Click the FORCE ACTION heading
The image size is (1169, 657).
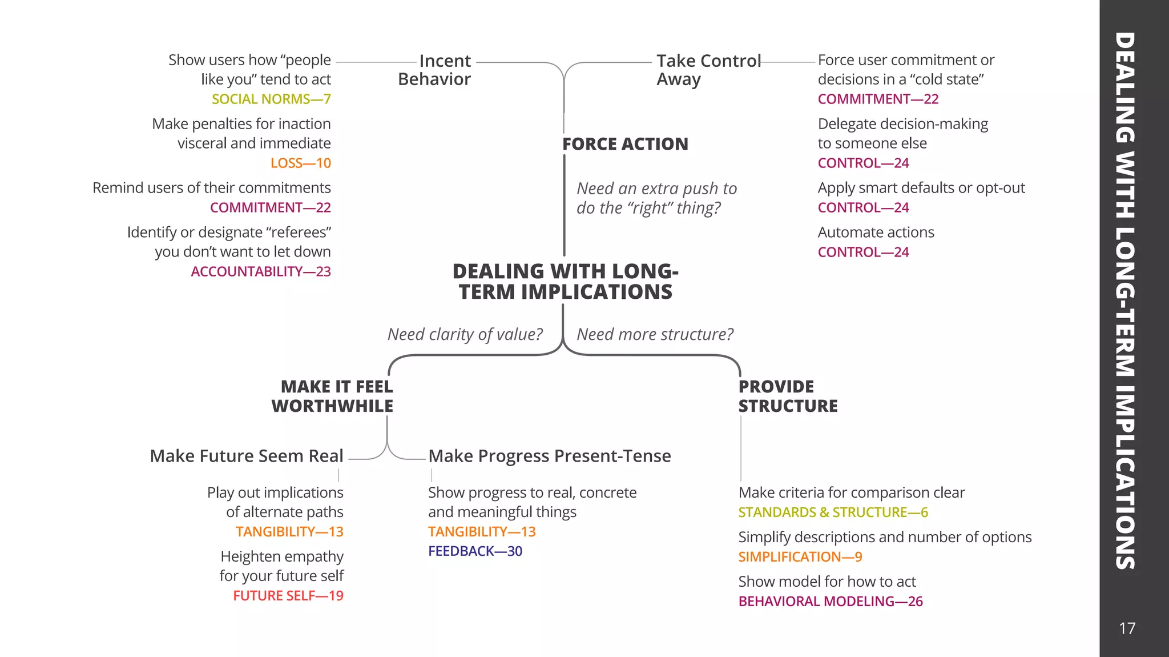[x=625, y=144]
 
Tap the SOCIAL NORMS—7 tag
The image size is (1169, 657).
[x=271, y=99]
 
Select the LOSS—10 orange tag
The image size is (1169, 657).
[x=300, y=163]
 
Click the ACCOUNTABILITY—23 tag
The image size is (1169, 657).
[x=261, y=271]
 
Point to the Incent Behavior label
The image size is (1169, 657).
[x=435, y=70]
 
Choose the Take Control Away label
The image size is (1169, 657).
[x=708, y=70]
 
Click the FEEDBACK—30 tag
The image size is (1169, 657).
[x=475, y=551]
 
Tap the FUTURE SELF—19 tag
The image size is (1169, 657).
[x=288, y=595]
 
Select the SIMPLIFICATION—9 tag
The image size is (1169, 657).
[x=800, y=556]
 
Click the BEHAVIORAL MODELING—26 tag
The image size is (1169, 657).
[x=830, y=601]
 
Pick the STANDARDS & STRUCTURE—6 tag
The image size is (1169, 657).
[x=833, y=512]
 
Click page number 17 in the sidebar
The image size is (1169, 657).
[x=1127, y=628]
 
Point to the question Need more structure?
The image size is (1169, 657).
[x=655, y=334]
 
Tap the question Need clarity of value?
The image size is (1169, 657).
[x=465, y=334]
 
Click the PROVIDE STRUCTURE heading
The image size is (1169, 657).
[x=787, y=396]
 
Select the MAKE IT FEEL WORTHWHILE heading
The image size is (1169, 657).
[x=333, y=396]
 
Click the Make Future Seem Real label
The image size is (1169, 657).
[x=247, y=456]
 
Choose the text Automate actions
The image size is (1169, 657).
[x=876, y=233]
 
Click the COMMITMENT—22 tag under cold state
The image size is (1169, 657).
[x=878, y=99]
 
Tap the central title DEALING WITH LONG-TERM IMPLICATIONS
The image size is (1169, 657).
[x=565, y=281]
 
